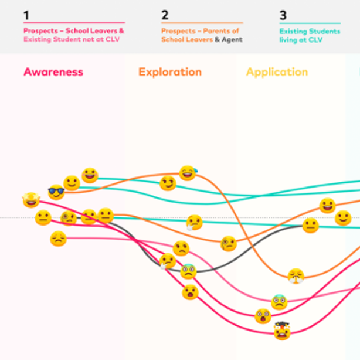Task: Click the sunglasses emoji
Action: pos(56,192)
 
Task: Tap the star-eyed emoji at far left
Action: pos(30,200)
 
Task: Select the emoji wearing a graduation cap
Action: pos(282,331)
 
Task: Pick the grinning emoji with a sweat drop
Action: pos(188,173)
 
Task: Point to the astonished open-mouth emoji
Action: pos(190,292)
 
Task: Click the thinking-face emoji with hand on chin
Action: pos(194,223)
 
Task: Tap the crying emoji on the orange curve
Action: pos(296,275)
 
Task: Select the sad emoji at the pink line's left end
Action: pos(58,239)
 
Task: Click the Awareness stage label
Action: pos(53,72)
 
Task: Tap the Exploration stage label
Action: pos(170,72)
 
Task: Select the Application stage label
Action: pos(277,72)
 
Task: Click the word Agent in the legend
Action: pos(232,40)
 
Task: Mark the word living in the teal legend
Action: pos(289,40)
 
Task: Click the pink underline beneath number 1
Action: pos(74,23)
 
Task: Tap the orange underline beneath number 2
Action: pos(202,23)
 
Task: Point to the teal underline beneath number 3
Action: pos(310,23)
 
